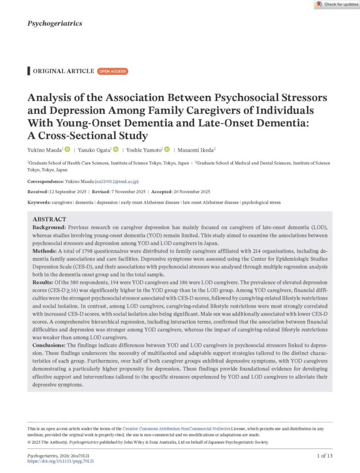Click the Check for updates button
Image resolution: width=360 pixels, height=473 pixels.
(x=336, y=5)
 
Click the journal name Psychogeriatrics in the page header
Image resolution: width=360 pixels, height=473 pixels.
(x=55, y=23)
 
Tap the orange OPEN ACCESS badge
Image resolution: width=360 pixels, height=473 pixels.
(x=112, y=71)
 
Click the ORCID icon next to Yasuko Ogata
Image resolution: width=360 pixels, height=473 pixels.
(x=116, y=149)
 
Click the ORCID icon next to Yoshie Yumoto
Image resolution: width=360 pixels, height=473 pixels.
(x=167, y=149)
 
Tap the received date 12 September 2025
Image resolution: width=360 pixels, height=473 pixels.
(x=67, y=192)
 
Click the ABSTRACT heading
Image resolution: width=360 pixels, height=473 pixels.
(x=49, y=219)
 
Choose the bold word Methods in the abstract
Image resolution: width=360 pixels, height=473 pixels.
(x=44, y=250)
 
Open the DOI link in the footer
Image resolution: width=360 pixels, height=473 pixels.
(x=61, y=461)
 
